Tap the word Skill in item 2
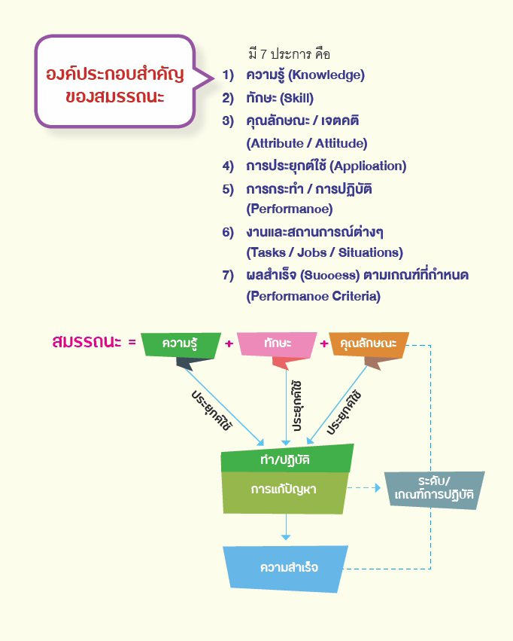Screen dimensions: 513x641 296,99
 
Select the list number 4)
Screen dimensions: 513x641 228,166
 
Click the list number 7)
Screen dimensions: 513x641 228,275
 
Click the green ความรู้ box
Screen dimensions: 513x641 181,344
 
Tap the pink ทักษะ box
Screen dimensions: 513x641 277,344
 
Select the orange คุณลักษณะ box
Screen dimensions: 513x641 369,343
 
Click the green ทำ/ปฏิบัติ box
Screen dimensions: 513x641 286,459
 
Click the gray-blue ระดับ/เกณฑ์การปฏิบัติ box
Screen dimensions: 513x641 434,490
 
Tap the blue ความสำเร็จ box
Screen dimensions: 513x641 286,568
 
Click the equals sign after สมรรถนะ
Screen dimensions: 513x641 132,342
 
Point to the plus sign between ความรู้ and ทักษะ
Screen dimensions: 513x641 229,343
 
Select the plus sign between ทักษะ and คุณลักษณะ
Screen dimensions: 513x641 324,343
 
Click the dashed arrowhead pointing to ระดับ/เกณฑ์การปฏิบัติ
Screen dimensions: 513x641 378,487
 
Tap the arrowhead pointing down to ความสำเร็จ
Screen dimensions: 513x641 286,537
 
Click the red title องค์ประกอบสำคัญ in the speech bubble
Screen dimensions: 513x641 115,74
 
